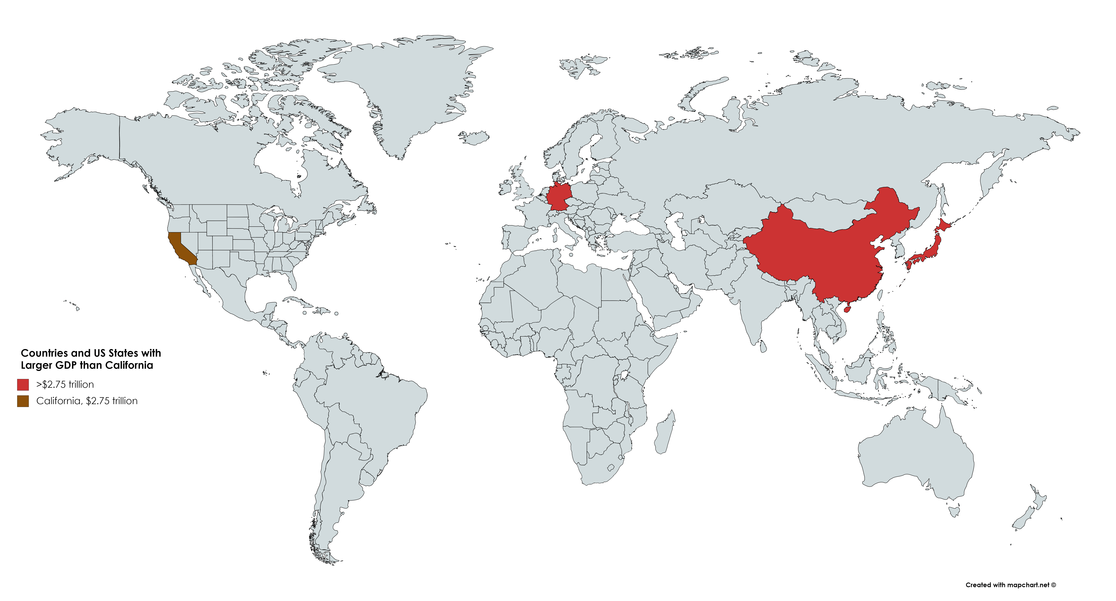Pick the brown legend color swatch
pos(23,401)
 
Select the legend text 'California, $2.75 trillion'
pos(87,401)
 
